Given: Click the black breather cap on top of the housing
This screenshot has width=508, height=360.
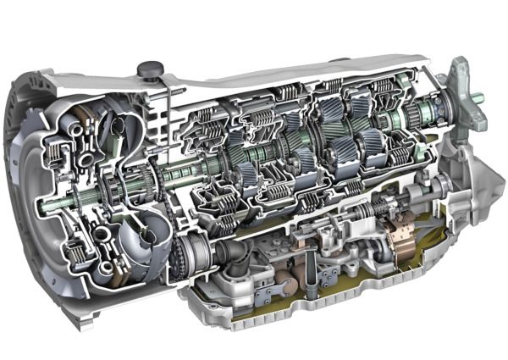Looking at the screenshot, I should (x=150, y=67).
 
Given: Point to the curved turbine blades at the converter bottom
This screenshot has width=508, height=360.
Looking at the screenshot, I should (x=135, y=254).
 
